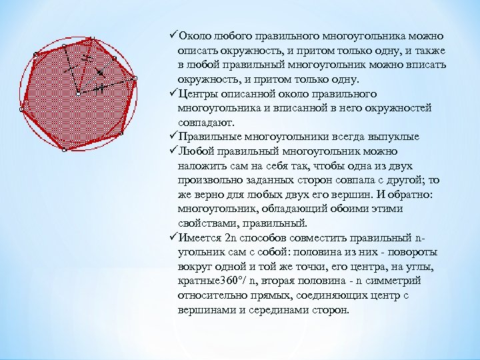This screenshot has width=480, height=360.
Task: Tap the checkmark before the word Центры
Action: coord(173,93)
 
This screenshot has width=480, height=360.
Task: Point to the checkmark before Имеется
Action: coord(173,238)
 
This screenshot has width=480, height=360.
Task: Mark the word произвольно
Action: coord(211,180)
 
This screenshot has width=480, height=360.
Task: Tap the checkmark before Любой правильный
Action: coord(173,151)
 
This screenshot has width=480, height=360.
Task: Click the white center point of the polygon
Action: coord(78,95)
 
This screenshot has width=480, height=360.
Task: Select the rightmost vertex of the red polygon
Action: coord(135,79)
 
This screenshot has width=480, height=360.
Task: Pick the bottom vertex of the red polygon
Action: coord(63,151)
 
